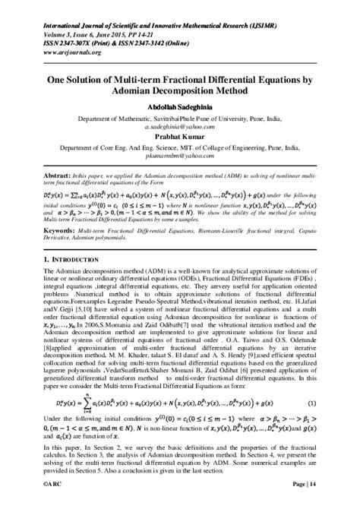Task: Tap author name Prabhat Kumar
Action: (179, 139)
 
